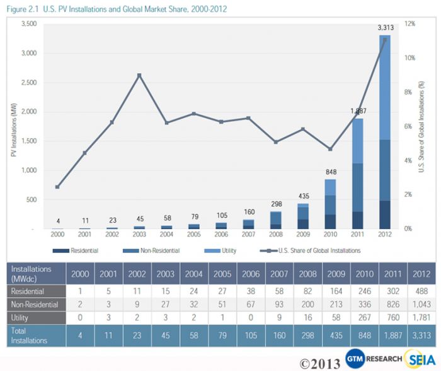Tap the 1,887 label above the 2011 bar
[357, 111]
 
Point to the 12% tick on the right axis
[410, 23]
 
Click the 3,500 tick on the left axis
[29, 23]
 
